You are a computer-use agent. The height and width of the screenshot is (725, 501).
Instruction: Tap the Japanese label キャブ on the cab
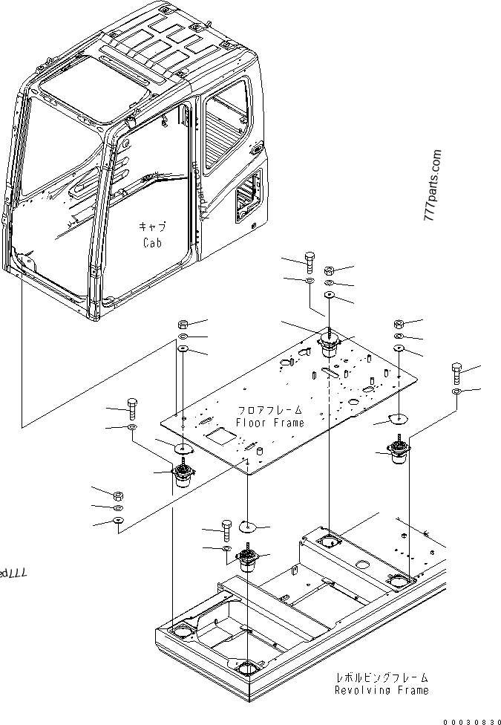(151, 227)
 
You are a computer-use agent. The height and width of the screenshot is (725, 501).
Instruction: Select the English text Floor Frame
(269, 423)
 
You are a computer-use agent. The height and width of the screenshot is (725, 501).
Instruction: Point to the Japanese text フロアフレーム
(269, 410)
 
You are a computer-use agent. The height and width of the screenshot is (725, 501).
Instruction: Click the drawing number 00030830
(471, 719)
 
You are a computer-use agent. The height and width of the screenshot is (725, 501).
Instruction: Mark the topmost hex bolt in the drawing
(309, 261)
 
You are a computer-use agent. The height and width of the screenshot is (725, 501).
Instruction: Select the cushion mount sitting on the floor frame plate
(327, 346)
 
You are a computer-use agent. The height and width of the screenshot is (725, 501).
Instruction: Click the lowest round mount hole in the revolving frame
(248, 667)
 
